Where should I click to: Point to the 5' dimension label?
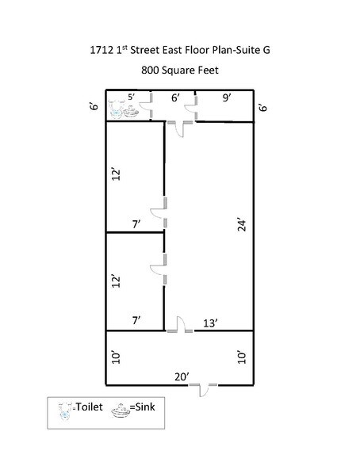click(131, 98)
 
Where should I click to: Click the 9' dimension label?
click(227, 98)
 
